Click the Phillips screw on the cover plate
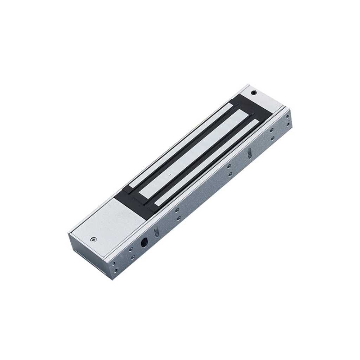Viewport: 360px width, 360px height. coord(94,239)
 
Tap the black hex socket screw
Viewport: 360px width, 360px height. coord(254,93)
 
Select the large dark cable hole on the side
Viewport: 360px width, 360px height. coord(144,243)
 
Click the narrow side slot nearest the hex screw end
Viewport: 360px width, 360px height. coord(249,153)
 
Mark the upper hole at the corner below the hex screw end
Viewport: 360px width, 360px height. coord(288,116)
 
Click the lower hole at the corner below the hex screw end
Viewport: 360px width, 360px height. coord(288,124)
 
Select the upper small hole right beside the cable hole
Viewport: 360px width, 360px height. coord(131,249)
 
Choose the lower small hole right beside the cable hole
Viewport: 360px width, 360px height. coord(133,257)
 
